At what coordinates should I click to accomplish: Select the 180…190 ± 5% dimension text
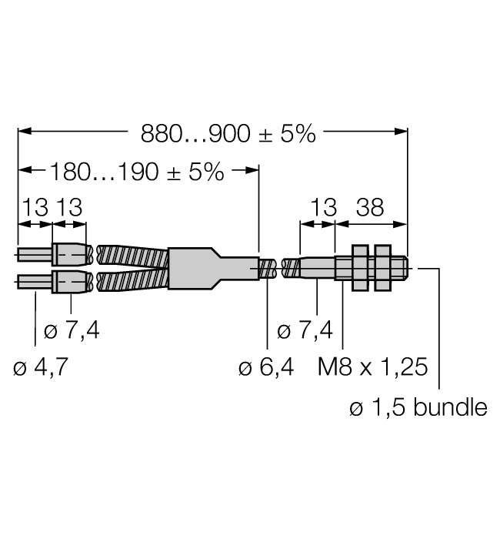(x=137, y=171)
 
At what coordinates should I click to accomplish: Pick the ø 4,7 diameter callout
(x=41, y=368)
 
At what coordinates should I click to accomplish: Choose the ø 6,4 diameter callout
(x=266, y=368)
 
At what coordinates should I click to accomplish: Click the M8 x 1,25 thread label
(x=372, y=368)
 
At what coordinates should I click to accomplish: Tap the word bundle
(x=450, y=407)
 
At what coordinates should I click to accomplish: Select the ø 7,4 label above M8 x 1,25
(x=305, y=331)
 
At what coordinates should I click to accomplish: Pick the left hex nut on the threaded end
(x=359, y=267)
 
